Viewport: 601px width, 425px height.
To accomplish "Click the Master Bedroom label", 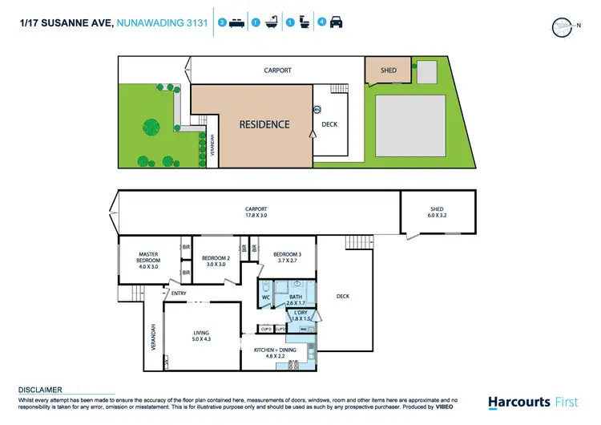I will tap(149, 257).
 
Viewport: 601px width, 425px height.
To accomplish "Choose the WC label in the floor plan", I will tap(265, 297).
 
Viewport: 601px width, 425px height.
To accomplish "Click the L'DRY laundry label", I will tap(301, 316).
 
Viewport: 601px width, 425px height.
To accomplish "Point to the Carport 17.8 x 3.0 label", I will tap(256, 213).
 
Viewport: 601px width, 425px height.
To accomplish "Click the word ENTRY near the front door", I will tap(179, 293).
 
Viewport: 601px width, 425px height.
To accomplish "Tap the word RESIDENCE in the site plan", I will tap(264, 124).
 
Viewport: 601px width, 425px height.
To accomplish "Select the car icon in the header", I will tap(336, 23).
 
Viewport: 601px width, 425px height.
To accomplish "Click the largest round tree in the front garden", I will tap(150, 125).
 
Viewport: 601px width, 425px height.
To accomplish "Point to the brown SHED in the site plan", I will tap(388, 71).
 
